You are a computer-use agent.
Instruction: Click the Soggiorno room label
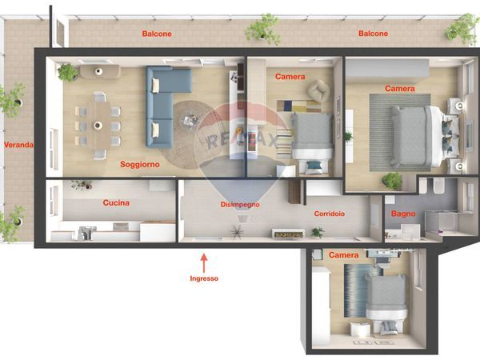[140, 164]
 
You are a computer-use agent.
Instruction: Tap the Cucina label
[116, 202]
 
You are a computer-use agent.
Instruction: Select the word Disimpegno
[240, 205]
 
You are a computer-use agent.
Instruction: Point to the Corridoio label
[330, 214]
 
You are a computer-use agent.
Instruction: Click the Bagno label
[403, 214]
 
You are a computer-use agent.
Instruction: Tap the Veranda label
[18, 145]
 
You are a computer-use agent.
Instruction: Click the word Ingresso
[204, 278]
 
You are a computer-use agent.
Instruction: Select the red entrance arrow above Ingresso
[204, 263]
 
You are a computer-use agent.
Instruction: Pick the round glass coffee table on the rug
[190, 121]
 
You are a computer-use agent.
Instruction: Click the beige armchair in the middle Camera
[318, 90]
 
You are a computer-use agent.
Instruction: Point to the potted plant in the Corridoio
[318, 232]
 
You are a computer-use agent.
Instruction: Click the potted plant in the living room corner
[67, 72]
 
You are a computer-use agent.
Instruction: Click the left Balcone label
[157, 34]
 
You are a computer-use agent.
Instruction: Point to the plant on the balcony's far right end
[462, 29]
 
